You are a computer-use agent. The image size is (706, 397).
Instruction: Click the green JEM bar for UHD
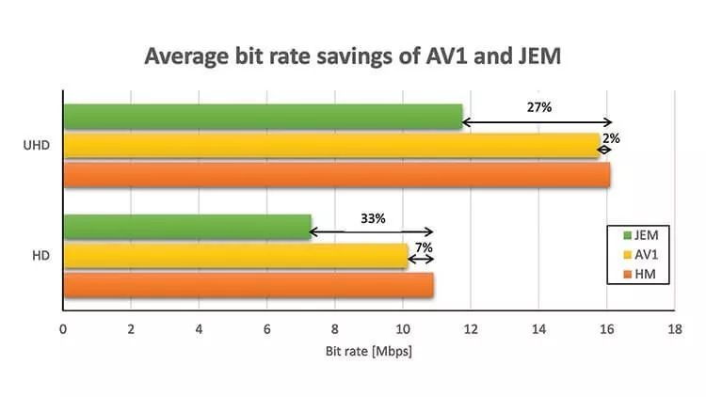click(x=263, y=117)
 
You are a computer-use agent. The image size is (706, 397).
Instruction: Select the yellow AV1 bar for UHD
click(x=330, y=145)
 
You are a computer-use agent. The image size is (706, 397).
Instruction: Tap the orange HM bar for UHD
click(x=336, y=175)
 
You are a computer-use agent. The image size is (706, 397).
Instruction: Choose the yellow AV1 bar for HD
click(x=235, y=255)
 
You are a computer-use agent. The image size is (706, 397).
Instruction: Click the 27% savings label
click(x=538, y=107)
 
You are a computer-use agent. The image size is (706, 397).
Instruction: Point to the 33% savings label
click(x=373, y=218)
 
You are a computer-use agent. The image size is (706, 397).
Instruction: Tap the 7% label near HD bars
click(x=424, y=247)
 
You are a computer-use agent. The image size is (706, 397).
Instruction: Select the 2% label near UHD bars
click(x=611, y=137)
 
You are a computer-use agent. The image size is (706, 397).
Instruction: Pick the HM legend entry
click(x=640, y=274)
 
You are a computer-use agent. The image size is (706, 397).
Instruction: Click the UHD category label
click(x=37, y=146)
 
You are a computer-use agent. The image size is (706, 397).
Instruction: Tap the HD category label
click(x=40, y=256)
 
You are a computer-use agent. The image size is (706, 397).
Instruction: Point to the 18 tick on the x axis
click(x=674, y=330)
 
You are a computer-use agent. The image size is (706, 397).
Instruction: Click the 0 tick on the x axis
click(x=63, y=330)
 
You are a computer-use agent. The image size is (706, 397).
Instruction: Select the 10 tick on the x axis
click(x=403, y=330)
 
